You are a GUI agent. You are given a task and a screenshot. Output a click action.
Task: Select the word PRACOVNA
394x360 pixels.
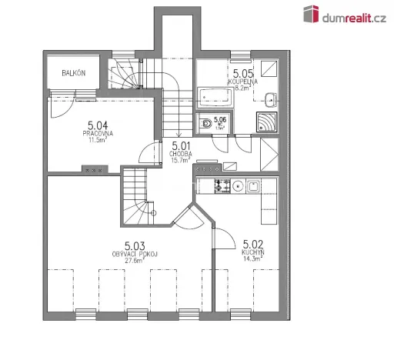[98, 133]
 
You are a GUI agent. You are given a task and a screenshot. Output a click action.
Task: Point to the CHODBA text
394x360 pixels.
[182, 153]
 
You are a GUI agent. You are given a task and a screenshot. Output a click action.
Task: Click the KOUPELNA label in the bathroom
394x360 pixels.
[243, 81]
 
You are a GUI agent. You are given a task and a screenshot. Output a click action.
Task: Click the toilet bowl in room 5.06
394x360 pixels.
[205, 124]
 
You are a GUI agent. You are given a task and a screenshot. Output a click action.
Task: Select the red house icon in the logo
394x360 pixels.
[311, 14]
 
